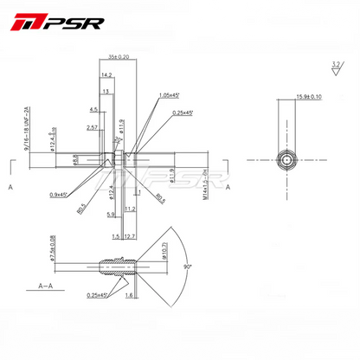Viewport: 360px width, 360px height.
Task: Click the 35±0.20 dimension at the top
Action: pos(119,56)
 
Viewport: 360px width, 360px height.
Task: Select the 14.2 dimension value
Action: pos(106,76)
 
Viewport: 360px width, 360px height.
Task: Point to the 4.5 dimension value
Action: pos(93,110)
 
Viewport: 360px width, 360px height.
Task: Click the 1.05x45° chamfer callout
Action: pos(170,95)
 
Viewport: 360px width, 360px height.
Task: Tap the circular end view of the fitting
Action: pos(286,161)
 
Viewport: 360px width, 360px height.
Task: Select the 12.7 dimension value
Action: pos(130,235)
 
